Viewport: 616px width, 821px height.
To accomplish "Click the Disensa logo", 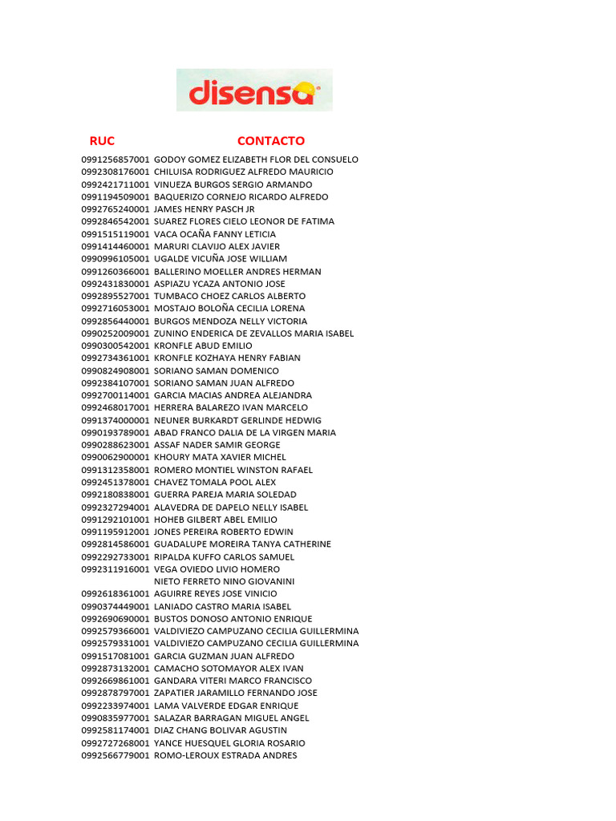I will pyautogui.click(x=254, y=90).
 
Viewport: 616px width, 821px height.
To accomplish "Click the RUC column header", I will pyautogui.click(x=102, y=141).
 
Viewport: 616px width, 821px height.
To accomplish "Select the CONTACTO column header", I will pyautogui.click(x=271, y=141).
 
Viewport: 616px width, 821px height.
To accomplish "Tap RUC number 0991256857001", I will pyautogui.click(x=115, y=160).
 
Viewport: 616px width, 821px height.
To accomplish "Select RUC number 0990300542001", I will pyautogui.click(x=115, y=346).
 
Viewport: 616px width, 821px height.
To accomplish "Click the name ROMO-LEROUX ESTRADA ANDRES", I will pyautogui.click(x=225, y=755).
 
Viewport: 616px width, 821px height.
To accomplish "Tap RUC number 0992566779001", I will pyautogui.click(x=115, y=755).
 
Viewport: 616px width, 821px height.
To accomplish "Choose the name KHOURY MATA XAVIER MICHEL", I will pyautogui.click(x=219, y=457).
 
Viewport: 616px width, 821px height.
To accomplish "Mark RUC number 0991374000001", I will pyautogui.click(x=115, y=420).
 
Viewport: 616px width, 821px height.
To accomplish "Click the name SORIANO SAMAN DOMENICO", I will pyautogui.click(x=217, y=370).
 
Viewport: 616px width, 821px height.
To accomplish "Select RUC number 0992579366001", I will pyautogui.click(x=115, y=631).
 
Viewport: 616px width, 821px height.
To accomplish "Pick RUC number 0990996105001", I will pyautogui.click(x=115, y=259).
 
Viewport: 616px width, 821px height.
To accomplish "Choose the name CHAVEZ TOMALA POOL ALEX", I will pyautogui.click(x=215, y=482).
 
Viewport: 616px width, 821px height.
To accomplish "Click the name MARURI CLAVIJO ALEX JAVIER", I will pyautogui.click(x=217, y=246).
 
